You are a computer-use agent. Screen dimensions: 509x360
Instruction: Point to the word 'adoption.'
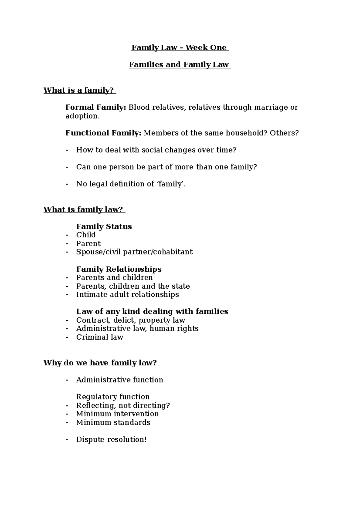(82, 116)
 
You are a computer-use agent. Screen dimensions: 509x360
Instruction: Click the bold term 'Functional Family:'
(103, 133)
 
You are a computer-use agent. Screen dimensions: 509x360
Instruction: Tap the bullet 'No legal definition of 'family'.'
(131, 184)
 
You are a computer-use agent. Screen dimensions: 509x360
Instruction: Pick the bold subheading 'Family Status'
(104, 227)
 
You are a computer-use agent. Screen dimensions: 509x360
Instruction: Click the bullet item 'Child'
(86, 235)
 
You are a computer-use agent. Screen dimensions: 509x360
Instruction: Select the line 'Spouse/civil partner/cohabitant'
(134, 252)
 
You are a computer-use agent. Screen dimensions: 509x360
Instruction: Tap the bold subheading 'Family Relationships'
(119, 269)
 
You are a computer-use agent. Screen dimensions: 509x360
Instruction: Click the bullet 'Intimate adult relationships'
(127, 295)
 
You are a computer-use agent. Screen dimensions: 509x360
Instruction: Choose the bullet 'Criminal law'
(100, 337)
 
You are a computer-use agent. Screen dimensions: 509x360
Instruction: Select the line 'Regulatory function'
(113, 397)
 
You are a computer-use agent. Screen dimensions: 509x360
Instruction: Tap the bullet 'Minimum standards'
(113, 423)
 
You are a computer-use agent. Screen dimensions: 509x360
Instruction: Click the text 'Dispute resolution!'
(111, 440)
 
